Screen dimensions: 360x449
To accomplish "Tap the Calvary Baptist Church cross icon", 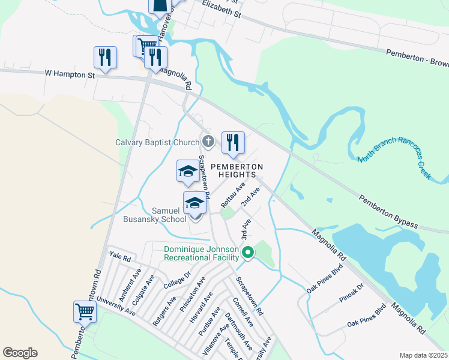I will pyautogui.click(x=208, y=142).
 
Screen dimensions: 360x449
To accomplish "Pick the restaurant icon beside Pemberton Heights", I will pyautogui.click(x=233, y=143).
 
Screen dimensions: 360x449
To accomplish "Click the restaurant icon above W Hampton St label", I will pyautogui.click(x=106, y=58).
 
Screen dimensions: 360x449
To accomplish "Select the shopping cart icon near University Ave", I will pyautogui.click(x=85, y=311).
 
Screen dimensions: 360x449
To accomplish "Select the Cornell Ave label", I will pyautogui.click(x=244, y=311).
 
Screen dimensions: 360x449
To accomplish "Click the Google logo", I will pyautogui.click(x=20, y=353).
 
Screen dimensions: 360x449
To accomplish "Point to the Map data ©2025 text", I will pyautogui.click(x=423, y=355).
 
